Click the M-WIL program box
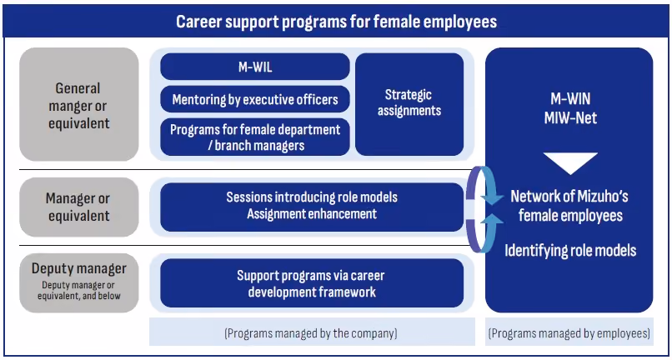pyautogui.click(x=255, y=67)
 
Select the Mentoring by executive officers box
pyautogui.click(x=255, y=99)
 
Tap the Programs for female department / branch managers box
pyautogui.click(x=255, y=137)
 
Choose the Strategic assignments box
pyautogui.click(x=409, y=104)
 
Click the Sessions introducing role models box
pyautogui.click(x=312, y=207)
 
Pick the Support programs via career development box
pyautogui.click(x=312, y=282)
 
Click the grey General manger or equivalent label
pyautogui.click(x=79, y=104)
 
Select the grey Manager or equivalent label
pyautogui.click(x=79, y=207)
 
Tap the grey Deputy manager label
pyautogui.click(x=79, y=282)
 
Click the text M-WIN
pyautogui.click(x=570, y=99)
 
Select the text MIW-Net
pyautogui.click(x=570, y=117)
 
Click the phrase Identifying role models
pyautogui.click(x=570, y=250)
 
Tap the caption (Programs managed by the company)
pyautogui.click(x=311, y=333)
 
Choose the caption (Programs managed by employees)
pyautogui.click(x=569, y=333)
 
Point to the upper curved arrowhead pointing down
pyautogui.click(x=493, y=198)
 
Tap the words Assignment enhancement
pyautogui.click(x=312, y=213)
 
